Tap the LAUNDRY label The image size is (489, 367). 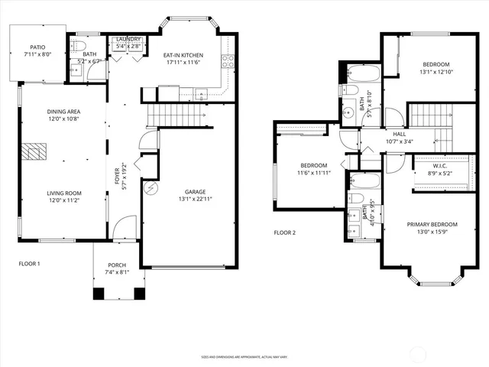128,41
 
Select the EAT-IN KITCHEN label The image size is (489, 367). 183,55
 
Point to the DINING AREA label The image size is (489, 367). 63,112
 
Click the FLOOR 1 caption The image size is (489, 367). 29,263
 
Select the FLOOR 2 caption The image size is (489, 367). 283,232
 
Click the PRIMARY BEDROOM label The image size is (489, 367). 432,224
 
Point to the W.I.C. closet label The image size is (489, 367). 440,167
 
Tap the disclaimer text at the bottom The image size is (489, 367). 244,356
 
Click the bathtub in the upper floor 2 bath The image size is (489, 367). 362,75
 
